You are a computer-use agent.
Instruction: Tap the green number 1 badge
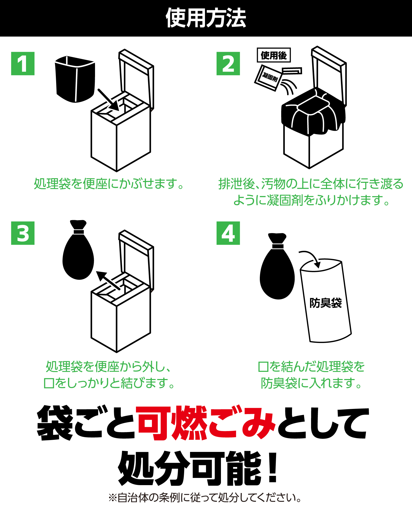23,64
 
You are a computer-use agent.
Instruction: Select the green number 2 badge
228,64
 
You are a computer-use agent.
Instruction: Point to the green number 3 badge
23,233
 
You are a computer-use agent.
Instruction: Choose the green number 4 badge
228,233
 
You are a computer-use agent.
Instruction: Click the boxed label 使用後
274,55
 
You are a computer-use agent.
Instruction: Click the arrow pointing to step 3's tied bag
108,281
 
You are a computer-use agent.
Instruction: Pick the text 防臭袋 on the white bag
326,303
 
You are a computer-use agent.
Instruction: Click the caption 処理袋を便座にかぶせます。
109,184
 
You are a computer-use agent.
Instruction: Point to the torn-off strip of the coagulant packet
292,71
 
